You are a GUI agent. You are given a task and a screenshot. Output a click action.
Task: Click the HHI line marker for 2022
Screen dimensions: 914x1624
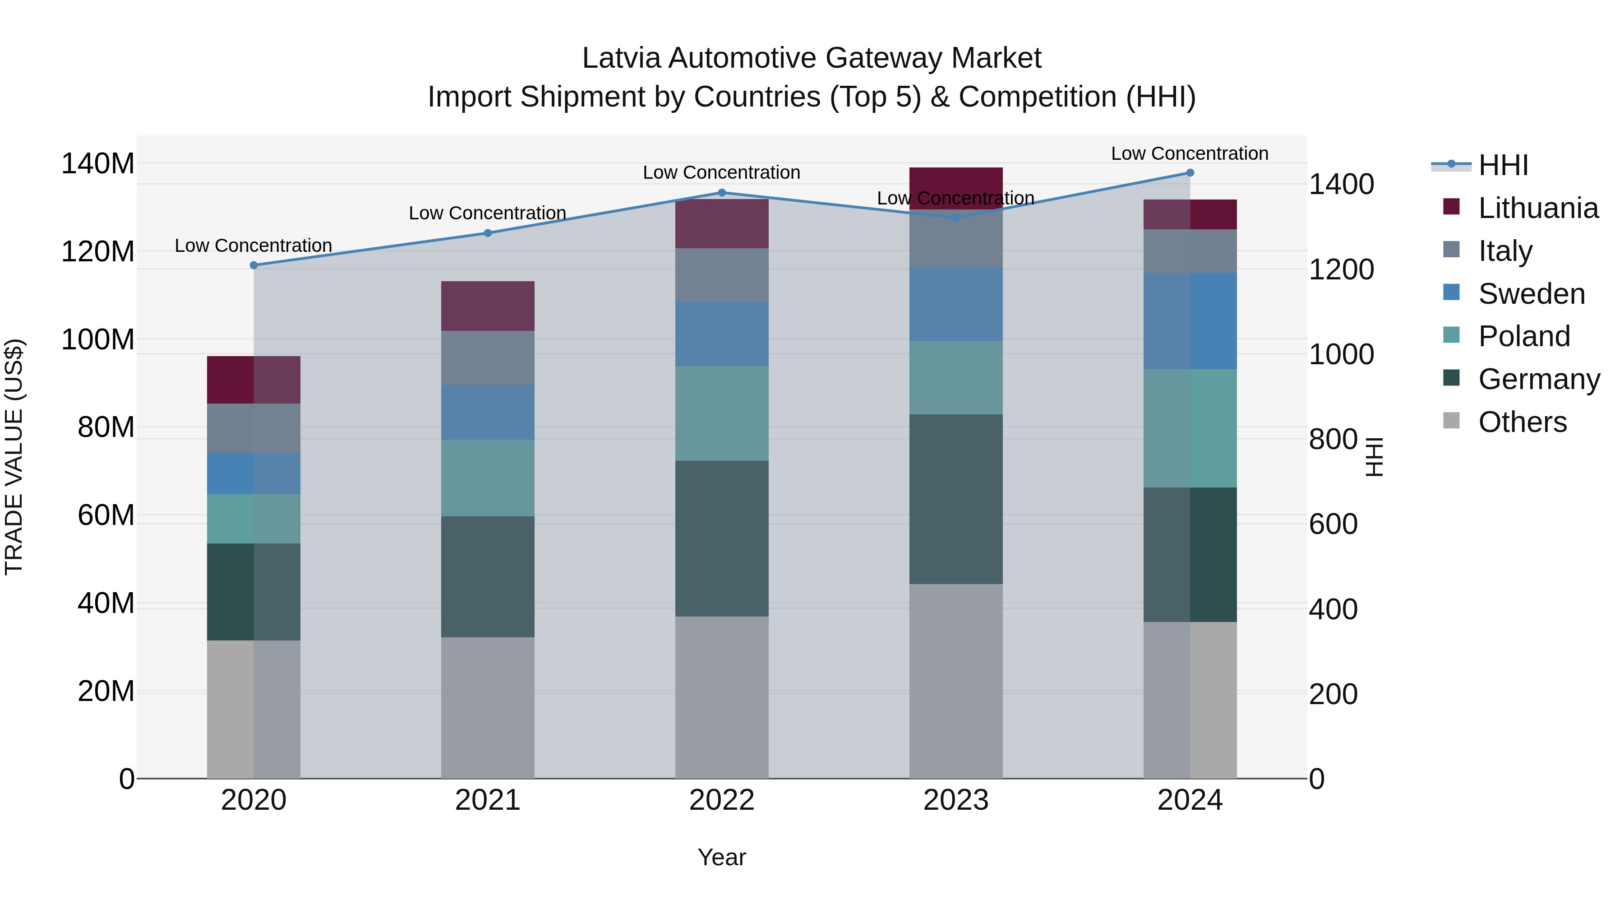(x=722, y=192)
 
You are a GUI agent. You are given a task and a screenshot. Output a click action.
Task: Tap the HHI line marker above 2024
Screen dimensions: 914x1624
(x=1190, y=172)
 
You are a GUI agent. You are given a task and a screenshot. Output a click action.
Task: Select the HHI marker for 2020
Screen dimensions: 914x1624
(x=254, y=265)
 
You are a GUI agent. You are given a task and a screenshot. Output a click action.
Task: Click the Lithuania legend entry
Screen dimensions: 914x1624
(x=1538, y=208)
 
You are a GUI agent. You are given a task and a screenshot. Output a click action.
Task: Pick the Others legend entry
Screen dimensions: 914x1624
(x=1522, y=422)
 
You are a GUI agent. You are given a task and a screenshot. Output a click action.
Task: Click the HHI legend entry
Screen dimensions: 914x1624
(x=1503, y=165)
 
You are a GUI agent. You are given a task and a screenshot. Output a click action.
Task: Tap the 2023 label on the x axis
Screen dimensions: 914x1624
(x=956, y=800)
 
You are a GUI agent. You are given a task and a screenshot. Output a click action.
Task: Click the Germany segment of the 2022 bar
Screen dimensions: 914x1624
(x=722, y=538)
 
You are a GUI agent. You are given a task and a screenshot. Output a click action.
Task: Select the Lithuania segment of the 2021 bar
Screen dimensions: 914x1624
(x=487, y=306)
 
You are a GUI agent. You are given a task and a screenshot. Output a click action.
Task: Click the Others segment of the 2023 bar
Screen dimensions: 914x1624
(x=956, y=681)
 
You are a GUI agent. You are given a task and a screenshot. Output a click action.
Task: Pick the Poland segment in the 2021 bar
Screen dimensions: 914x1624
(x=487, y=478)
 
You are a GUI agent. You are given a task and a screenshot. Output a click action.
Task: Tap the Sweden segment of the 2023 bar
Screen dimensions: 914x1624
(x=956, y=304)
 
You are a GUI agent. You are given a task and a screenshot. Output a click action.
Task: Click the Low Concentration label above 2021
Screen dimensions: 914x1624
(x=487, y=213)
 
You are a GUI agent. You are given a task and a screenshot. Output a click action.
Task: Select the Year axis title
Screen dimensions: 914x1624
(x=721, y=857)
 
